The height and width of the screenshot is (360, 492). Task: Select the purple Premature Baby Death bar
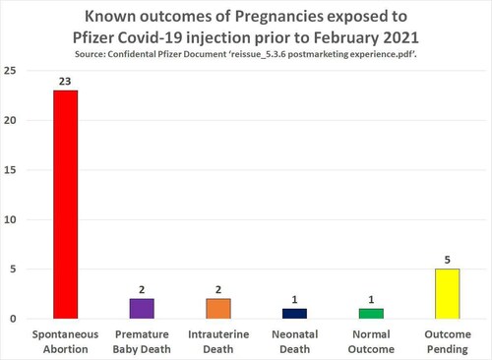142,308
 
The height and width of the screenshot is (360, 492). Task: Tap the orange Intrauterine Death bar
217,308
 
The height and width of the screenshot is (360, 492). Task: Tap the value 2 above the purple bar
142,291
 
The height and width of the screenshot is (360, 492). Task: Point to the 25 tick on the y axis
10,71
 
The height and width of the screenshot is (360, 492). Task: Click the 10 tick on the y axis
10,219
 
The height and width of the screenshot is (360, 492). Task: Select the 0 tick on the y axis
13,319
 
